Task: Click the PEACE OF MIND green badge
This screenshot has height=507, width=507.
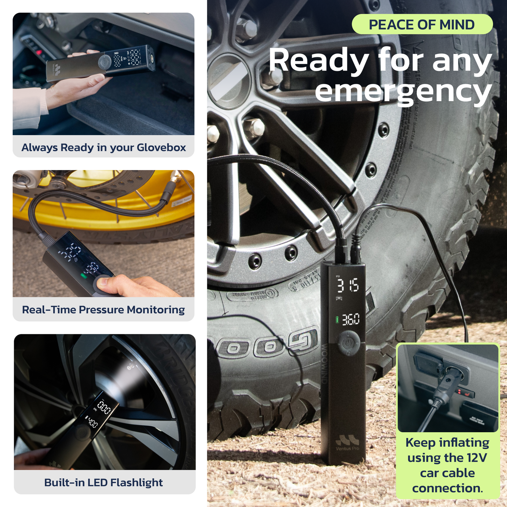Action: pos(422,25)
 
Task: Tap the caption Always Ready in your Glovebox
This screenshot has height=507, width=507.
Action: pos(104,147)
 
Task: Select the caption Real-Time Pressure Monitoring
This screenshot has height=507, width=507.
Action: pos(104,310)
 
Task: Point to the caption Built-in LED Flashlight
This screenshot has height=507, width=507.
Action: pos(104,483)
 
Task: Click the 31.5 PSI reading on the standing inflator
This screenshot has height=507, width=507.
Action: pos(347,286)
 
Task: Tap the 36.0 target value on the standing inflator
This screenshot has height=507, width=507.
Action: pos(351,320)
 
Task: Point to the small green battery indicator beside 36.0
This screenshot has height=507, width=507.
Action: pos(337,320)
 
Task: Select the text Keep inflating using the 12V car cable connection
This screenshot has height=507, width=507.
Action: pos(447,465)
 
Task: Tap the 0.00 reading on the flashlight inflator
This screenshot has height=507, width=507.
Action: pos(104,408)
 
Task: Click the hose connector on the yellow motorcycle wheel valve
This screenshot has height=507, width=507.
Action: pos(168,191)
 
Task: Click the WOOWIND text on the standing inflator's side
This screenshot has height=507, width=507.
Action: pos(324,365)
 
